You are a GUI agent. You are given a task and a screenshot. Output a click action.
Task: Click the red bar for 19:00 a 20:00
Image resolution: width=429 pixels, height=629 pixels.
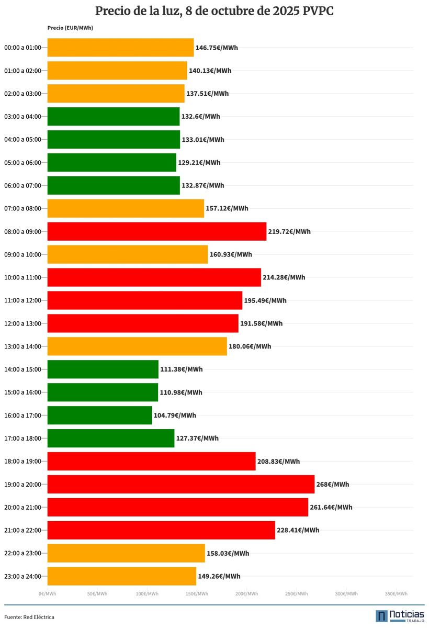coord(180,484)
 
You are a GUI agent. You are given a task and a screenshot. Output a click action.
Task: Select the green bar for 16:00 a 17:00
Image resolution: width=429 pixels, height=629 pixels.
coord(99,415)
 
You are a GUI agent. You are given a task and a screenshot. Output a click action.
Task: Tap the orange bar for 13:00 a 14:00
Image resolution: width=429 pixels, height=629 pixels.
coord(137,346)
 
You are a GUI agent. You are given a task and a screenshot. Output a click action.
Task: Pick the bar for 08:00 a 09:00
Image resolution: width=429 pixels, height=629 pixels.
coord(157,231)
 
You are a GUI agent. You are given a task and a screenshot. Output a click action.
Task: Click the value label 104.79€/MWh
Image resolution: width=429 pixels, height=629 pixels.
coord(175,415)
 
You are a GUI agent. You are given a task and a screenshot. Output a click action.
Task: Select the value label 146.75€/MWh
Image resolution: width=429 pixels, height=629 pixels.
coord(217,48)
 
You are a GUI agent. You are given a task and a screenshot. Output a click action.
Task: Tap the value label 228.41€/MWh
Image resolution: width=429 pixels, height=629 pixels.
coord(298,530)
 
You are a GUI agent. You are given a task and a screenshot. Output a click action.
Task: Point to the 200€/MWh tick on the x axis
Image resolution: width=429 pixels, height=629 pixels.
coord(246,593)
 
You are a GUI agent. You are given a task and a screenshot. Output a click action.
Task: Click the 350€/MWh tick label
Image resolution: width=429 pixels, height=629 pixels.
coord(396,593)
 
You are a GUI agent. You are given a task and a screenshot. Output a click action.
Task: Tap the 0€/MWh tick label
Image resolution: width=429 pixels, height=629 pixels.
coord(47,593)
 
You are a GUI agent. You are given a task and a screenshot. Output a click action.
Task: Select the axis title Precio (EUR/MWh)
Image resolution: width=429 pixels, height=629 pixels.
coord(70,28)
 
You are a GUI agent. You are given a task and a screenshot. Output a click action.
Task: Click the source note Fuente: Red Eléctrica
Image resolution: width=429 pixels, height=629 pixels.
coord(29,617)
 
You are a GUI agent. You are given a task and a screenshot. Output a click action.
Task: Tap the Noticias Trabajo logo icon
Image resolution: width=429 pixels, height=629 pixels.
coord(382,616)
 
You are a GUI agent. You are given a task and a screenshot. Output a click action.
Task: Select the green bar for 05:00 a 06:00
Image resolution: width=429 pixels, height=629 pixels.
coord(111,162)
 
